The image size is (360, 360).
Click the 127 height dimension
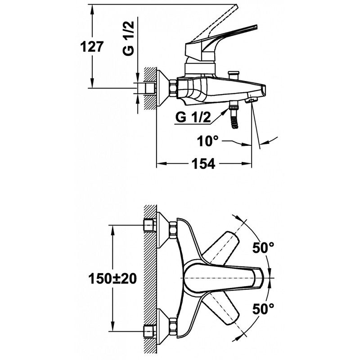(92, 47)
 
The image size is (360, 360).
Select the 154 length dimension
(203, 164)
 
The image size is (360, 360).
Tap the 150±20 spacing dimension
(112, 278)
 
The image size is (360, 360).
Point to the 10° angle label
(208, 141)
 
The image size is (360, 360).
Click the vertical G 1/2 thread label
(128, 38)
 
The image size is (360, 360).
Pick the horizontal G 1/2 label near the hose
(193, 117)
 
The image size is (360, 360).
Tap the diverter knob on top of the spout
(234, 75)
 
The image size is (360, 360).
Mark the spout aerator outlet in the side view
(251, 100)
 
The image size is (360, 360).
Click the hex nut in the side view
(173, 88)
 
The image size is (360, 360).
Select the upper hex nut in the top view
(173, 230)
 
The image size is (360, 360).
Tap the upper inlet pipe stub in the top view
(149, 225)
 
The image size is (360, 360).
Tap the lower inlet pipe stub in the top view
(149, 332)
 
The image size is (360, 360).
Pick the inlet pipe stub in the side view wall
(150, 88)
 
